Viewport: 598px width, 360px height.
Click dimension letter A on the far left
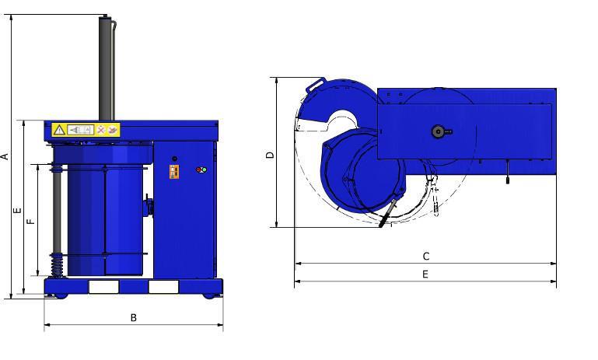click(5, 156)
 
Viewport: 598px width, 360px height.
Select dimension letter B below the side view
click(134, 318)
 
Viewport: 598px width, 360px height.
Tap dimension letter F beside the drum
click(31, 221)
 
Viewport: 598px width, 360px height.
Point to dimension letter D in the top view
click(270, 155)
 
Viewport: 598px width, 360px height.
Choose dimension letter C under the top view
click(426, 257)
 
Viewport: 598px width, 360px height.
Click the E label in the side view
click(18, 211)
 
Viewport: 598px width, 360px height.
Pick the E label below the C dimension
click(425, 274)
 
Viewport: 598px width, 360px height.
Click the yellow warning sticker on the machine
click(86, 130)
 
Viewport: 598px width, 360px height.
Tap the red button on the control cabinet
click(199, 170)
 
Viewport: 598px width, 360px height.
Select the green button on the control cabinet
click(204, 170)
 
